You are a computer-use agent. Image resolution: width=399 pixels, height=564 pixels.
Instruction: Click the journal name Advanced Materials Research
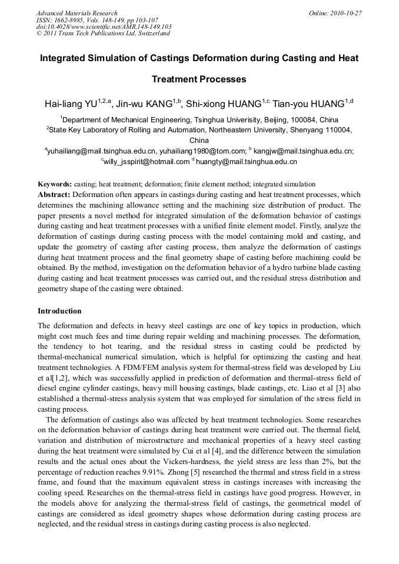tap(77, 13)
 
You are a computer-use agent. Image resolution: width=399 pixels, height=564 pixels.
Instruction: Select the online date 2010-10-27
tap(344, 13)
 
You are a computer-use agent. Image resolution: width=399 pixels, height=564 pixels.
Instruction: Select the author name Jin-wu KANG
tap(145, 105)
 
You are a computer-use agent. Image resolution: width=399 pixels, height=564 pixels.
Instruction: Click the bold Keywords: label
tap(55, 184)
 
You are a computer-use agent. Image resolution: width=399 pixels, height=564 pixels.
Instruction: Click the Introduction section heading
tap(59, 311)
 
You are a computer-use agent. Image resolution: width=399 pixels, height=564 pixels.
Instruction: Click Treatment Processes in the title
tap(199, 79)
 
